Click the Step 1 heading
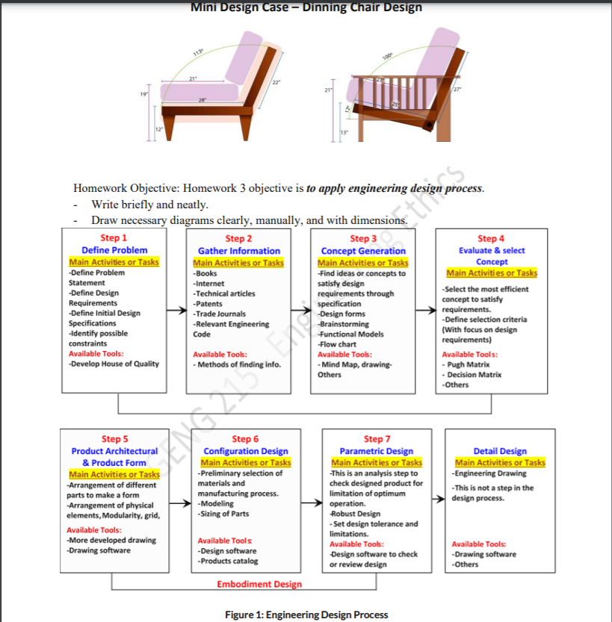pyautogui.click(x=114, y=238)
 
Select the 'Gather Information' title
pyautogui.click(x=238, y=251)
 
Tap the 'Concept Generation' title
pyautogui.click(x=363, y=251)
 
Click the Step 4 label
pyautogui.click(x=491, y=239)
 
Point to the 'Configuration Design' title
pyautogui.click(x=246, y=451)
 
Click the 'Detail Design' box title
pyautogui.click(x=500, y=451)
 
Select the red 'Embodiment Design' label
pyautogui.click(x=259, y=584)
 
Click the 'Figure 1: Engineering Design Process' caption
pyautogui.click(x=306, y=615)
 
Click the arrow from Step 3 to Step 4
pyautogui.click(x=426, y=314)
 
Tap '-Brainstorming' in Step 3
pyautogui.click(x=343, y=324)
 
